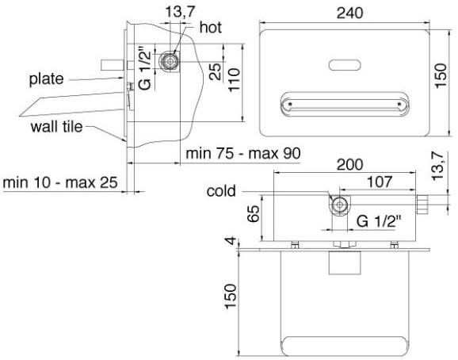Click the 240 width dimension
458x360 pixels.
[x=350, y=13]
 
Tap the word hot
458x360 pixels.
[x=211, y=28]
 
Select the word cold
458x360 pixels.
[x=221, y=191]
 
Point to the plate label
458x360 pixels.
[x=47, y=79]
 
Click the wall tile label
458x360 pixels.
[x=57, y=127]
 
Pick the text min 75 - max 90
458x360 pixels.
[x=243, y=153]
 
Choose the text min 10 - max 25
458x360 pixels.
[x=60, y=182]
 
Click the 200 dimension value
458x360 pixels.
[x=350, y=165]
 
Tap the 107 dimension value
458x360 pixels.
[x=380, y=182]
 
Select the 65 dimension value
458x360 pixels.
[x=254, y=213]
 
